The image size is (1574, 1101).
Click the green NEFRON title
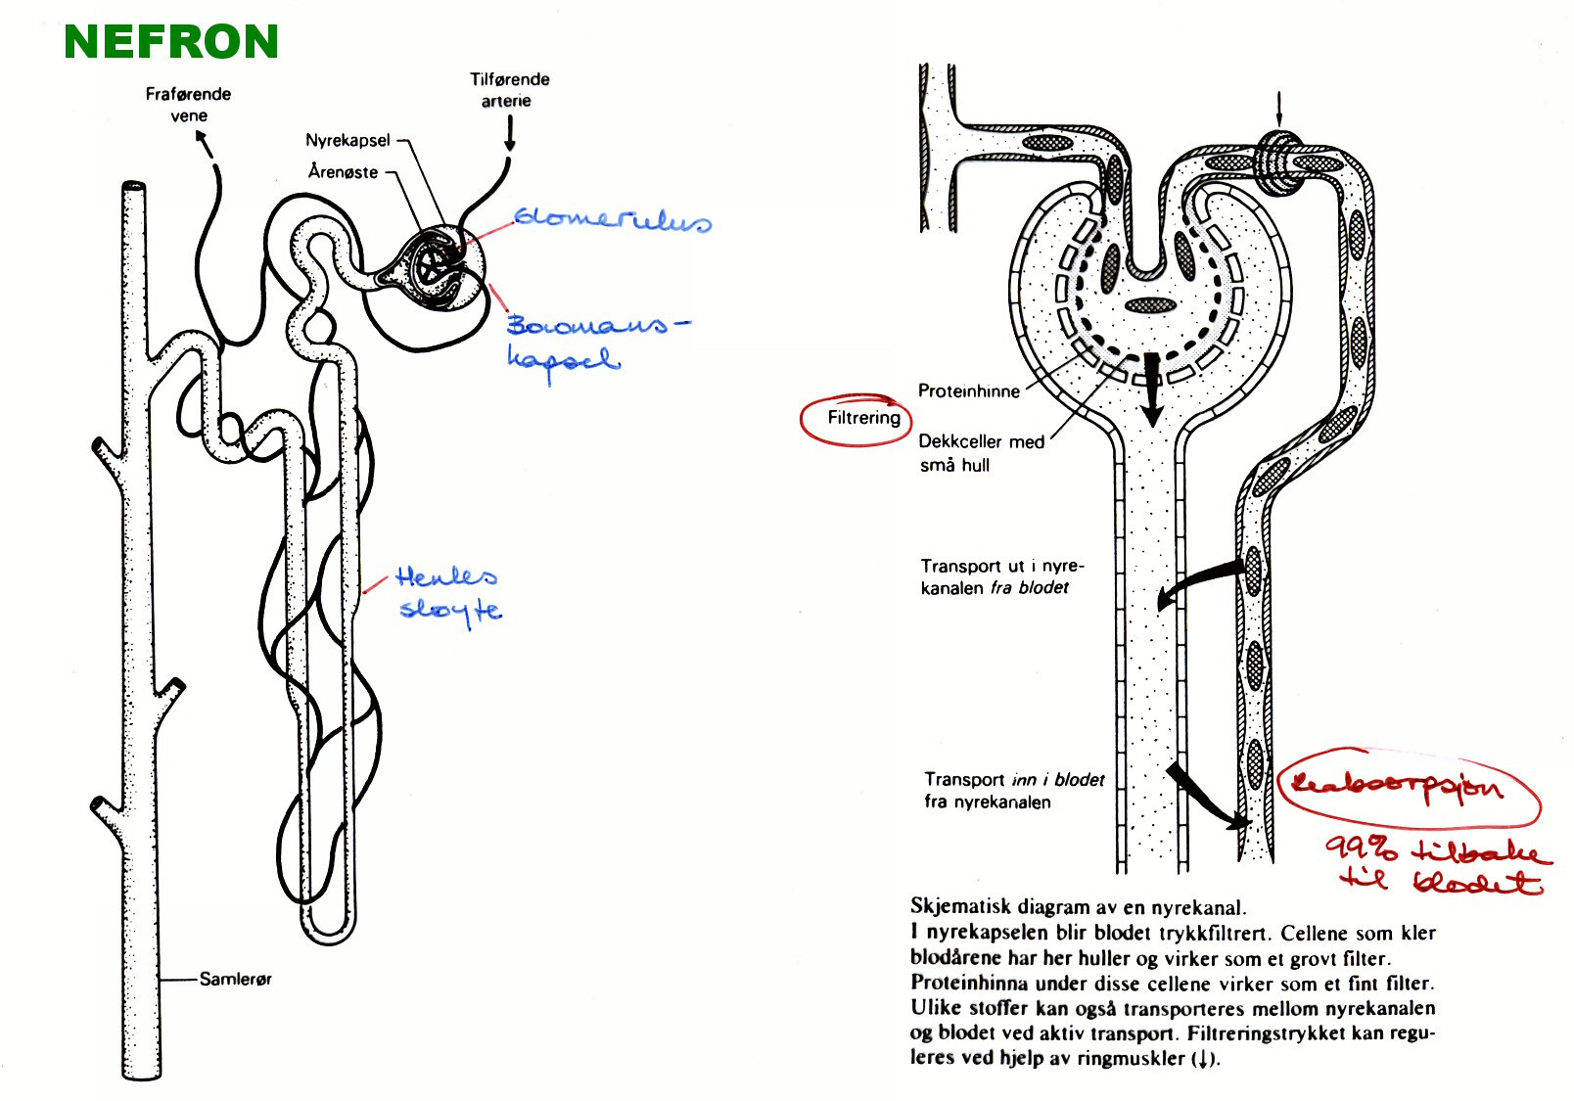point(171,42)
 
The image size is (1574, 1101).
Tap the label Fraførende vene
point(188,104)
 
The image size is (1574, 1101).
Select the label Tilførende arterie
point(508,89)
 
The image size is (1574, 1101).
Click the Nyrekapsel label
point(347,140)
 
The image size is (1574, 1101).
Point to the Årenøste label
point(343,171)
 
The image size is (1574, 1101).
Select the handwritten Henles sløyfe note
point(448,593)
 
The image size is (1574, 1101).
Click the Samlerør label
point(235,979)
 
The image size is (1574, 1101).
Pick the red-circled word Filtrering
point(863,418)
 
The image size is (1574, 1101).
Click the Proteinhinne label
point(968,391)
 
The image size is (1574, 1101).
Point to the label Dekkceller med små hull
point(980,453)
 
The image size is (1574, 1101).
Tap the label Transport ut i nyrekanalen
point(1000,576)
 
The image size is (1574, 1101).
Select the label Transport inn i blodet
point(1012,791)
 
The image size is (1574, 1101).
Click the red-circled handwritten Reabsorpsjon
point(1398,785)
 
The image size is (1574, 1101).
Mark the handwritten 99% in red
point(1362,847)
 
